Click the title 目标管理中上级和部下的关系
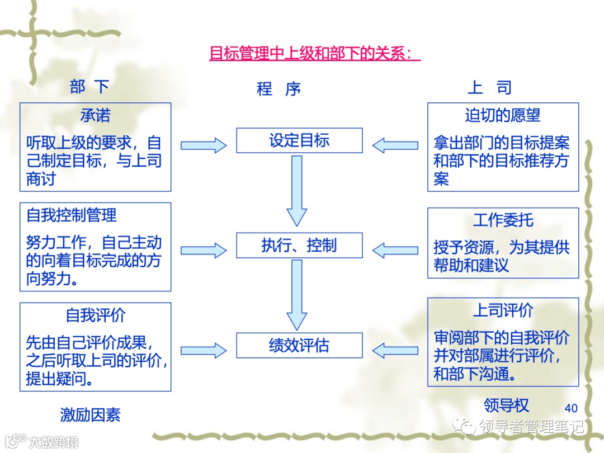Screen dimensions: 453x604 tap(314, 54)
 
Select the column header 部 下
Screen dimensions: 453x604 tap(89, 87)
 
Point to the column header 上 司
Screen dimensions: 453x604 tap(489, 87)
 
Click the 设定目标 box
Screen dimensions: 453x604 tap(299, 140)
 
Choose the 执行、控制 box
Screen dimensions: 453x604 tap(299, 245)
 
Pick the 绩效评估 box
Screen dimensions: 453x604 tap(299, 345)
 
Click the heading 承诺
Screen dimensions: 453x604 tap(95, 115)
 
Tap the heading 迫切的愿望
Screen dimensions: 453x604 tap(503, 115)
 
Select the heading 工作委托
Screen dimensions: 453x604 tap(503, 220)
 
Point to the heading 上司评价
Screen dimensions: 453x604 tap(503, 310)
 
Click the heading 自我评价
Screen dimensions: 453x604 tap(95, 315)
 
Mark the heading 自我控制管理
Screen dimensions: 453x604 tap(72, 215)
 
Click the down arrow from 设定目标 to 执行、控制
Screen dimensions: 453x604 tap(297, 190)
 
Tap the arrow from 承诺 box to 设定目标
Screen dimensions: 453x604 tap(204, 145)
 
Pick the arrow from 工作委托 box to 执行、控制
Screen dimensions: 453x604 tap(395, 250)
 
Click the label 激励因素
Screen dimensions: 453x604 tap(90, 414)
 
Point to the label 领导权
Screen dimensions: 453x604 tap(506, 405)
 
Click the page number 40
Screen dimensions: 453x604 tap(571, 408)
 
